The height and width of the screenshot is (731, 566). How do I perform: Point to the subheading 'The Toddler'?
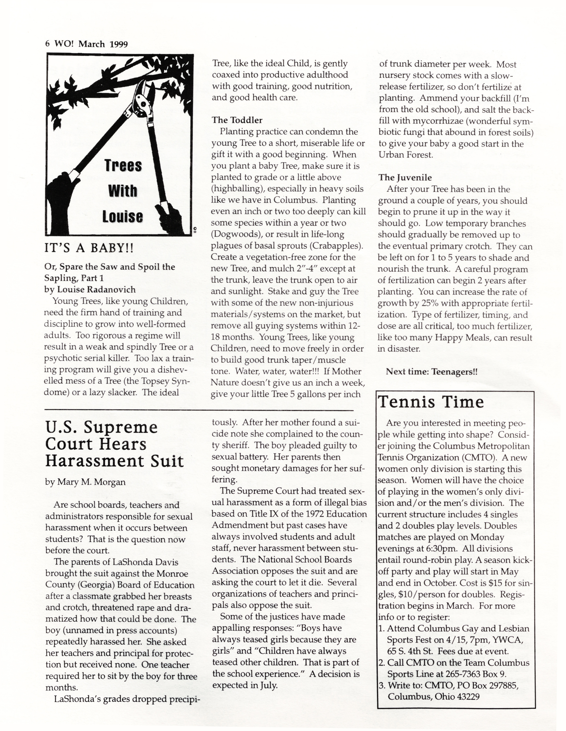[237, 120]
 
